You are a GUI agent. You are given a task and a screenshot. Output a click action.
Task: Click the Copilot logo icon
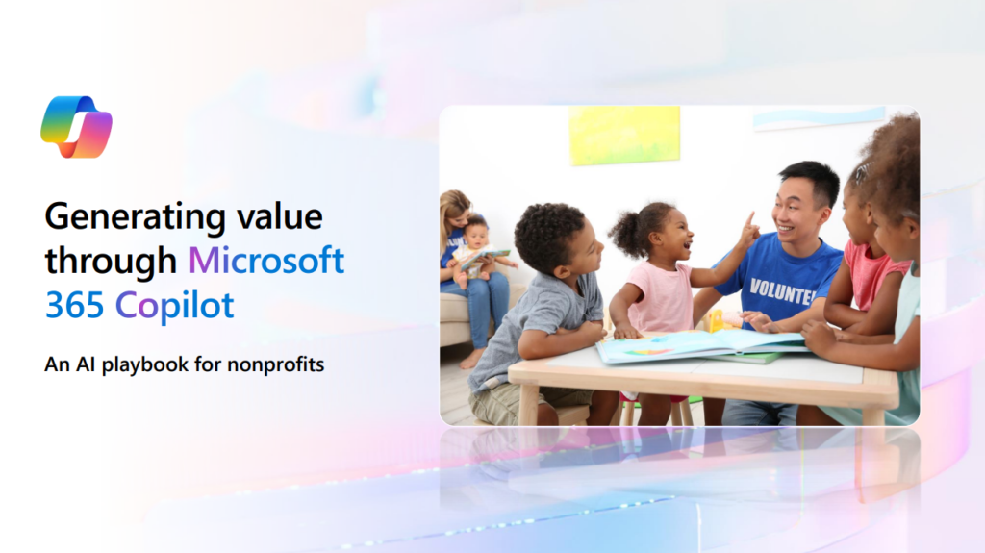pos(77,127)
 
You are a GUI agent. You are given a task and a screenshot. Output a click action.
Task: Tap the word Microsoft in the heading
pos(266,261)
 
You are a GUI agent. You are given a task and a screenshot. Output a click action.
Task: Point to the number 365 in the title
pos(75,306)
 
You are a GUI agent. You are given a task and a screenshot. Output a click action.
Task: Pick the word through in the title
pos(111,262)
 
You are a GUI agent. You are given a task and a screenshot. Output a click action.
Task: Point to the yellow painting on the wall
pos(624,135)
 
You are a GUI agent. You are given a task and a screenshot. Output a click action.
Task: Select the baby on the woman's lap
pos(475,249)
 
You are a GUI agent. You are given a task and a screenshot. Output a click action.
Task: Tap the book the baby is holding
pos(486,258)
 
